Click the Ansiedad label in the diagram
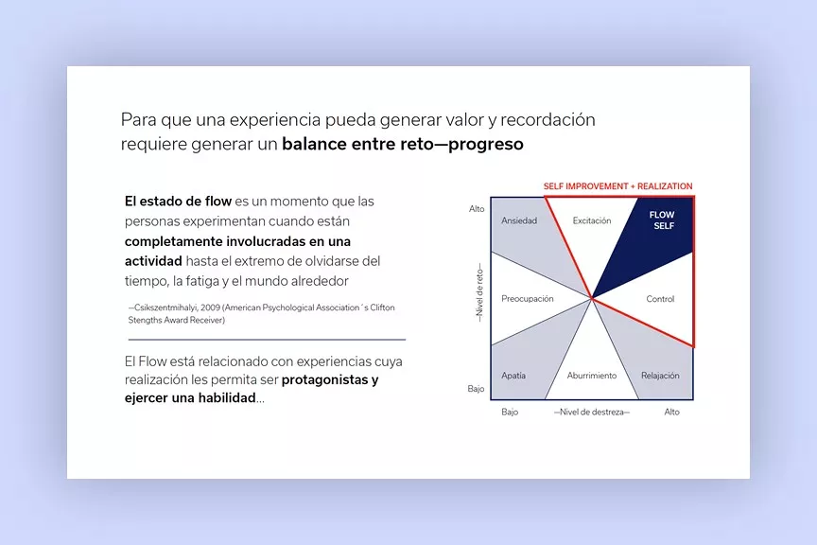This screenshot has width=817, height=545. point(519,220)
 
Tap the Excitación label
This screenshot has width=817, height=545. point(592,220)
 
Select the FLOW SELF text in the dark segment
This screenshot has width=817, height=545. point(662,220)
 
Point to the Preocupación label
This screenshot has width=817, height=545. point(528,299)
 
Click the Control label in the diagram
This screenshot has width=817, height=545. point(660,299)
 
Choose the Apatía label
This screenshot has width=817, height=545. point(513,376)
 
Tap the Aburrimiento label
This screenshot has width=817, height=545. point(592,376)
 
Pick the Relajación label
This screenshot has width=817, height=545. point(660,376)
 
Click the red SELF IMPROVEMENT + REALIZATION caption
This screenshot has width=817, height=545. point(618,186)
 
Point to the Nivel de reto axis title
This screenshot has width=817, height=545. point(479,293)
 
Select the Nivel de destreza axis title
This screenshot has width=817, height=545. point(591,412)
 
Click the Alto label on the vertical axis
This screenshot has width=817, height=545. point(477,208)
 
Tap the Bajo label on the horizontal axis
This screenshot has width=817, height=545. point(510,412)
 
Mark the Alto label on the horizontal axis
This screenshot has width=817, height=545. point(671,412)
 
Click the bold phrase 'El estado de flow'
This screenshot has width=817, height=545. point(178,202)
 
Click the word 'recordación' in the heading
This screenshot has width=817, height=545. point(548,120)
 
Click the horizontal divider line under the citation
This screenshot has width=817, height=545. point(267,340)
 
